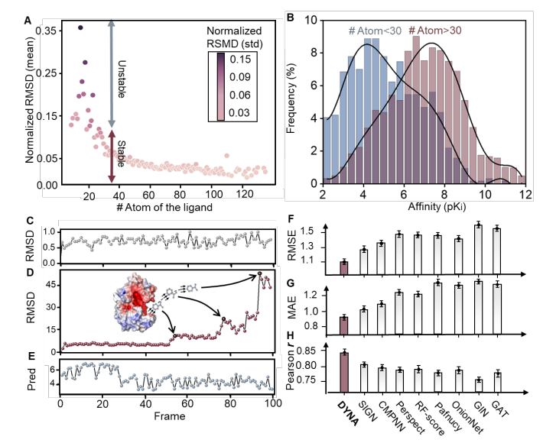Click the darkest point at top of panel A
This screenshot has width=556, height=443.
(x=80, y=27)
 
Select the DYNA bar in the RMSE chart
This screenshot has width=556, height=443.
(x=344, y=268)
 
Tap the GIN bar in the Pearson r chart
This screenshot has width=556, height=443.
(x=479, y=386)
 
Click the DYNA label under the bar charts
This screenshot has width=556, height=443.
(x=348, y=413)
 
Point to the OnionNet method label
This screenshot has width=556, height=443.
(x=467, y=418)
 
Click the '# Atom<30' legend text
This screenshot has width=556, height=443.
(x=375, y=31)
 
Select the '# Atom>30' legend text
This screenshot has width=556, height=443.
(x=435, y=31)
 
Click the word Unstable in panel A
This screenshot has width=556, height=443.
(x=122, y=79)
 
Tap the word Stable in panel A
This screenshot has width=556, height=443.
(x=122, y=154)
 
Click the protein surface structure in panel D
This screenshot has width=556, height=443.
(x=135, y=302)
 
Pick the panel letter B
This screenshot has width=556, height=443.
(x=290, y=18)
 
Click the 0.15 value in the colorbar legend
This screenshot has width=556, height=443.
(x=239, y=59)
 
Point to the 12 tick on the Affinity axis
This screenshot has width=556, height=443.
(x=526, y=195)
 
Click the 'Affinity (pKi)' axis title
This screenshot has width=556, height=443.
(x=437, y=206)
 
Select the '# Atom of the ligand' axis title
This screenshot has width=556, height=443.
(x=164, y=207)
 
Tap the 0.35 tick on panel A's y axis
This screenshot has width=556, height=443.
(x=46, y=31)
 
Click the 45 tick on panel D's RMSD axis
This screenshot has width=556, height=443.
(x=51, y=285)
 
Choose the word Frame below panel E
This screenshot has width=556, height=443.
(x=170, y=416)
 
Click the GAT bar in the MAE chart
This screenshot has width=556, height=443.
(x=497, y=309)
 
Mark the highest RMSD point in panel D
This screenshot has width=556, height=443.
(x=259, y=273)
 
